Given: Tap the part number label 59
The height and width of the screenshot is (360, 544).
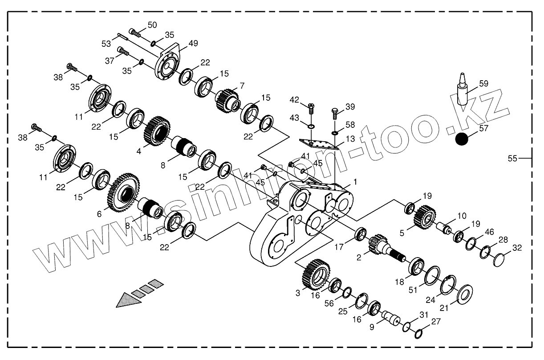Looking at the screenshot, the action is click(483, 83).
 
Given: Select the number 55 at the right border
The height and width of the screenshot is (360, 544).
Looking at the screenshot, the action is click(513, 158).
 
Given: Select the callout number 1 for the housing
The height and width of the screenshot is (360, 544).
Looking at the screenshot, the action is click(355, 182).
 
